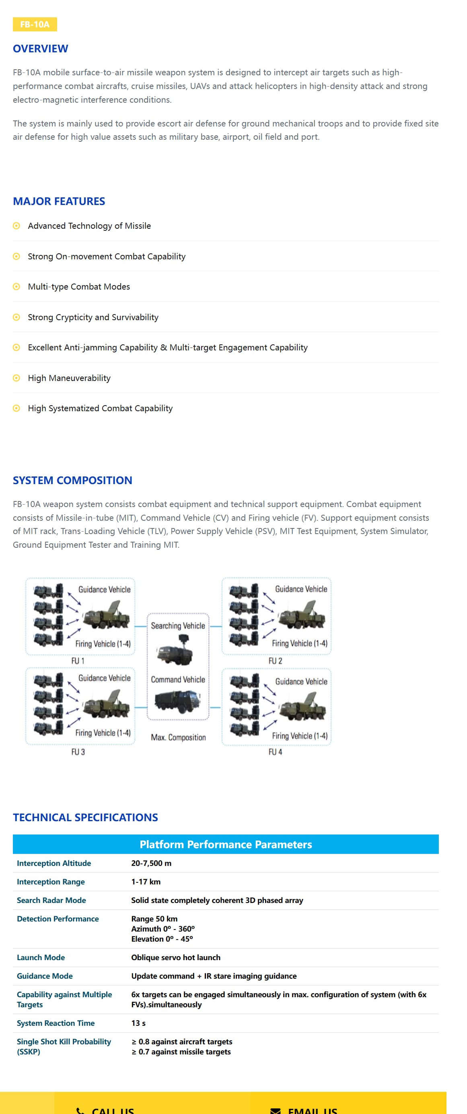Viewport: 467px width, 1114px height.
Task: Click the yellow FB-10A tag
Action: point(35,24)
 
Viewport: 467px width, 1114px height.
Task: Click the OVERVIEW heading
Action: point(40,48)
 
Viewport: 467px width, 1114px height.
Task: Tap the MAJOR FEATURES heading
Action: point(59,201)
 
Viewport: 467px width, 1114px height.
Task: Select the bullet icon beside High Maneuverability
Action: point(16,378)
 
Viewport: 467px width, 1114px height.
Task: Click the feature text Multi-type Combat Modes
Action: point(78,286)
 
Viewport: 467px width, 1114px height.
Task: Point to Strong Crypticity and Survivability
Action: point(93,317)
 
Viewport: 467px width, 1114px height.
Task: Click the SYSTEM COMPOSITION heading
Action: point(72,480)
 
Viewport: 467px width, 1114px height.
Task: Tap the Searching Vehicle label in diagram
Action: point(177,625)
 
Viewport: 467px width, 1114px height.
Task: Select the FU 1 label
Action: point(78,661)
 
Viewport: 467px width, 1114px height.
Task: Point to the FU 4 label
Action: point(275,752)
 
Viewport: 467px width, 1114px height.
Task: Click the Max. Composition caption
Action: point(178,737)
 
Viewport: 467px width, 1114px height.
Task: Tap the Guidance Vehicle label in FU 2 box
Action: point(301,588)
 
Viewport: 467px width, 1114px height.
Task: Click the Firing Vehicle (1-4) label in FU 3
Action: point(103,733)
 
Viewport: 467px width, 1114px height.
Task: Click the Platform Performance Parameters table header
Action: point(226,844)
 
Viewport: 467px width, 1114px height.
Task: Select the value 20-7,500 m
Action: point(151,863)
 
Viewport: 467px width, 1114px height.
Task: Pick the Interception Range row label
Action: point(51,881)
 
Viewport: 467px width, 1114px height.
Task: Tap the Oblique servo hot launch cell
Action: point(175,957)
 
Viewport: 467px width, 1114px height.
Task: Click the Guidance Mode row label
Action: point(45,975)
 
